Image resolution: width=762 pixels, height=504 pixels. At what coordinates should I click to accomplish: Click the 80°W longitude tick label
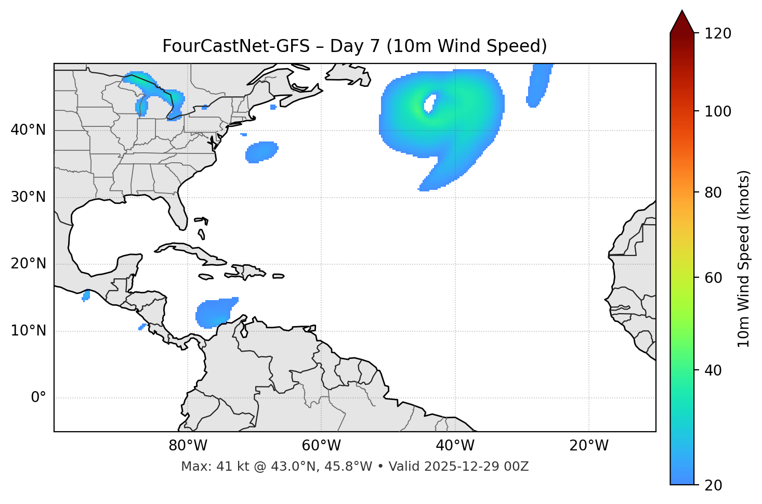[x=188, y=446]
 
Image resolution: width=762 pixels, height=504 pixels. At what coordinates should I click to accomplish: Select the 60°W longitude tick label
[x=321, y=446]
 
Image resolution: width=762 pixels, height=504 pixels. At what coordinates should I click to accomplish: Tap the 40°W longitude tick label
[x=455, y=446]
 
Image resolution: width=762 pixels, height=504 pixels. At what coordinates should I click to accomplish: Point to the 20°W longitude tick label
[x=588, y=446]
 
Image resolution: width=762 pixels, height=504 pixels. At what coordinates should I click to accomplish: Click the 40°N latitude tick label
[x=28, y=130]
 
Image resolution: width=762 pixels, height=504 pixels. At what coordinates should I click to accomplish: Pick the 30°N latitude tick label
[x=28, y=197]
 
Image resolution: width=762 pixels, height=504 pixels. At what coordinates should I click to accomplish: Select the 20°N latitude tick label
[x=28, y=264]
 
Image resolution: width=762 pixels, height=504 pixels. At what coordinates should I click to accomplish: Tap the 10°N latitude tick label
[x=28, y=331]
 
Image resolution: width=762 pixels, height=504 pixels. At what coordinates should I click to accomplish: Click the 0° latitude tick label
[x=38, y=398]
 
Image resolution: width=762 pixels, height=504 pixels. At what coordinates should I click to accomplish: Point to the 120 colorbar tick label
[x=718, y=33]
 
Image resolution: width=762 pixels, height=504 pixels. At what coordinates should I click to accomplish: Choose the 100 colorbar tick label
[x=718, y=111]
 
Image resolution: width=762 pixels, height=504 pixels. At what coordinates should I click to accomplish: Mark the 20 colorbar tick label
[x=713, y=485]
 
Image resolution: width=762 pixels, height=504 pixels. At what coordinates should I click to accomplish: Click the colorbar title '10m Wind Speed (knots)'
[x=744, y=259]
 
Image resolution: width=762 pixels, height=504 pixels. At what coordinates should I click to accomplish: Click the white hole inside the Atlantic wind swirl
[x=430, y=103]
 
